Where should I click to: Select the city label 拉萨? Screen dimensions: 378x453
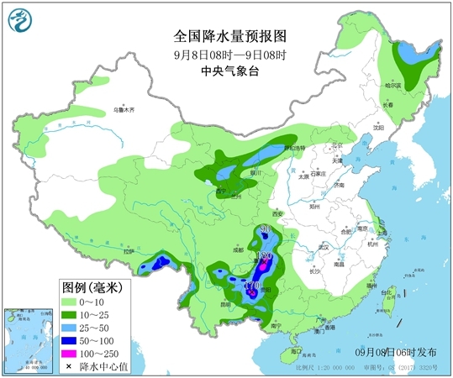coord(129,250)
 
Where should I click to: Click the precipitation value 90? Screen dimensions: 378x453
coord(265,229)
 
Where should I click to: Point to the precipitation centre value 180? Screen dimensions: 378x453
coord(263,255)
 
